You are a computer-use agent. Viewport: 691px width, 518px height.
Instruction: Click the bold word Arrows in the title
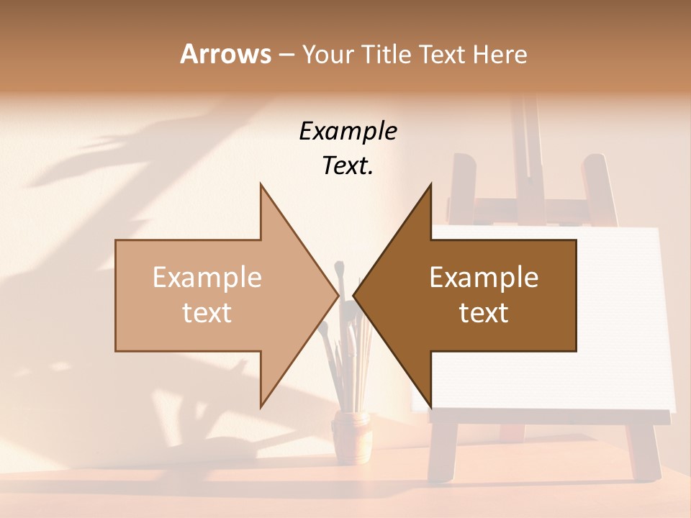pyautogui.click(x=225, y=54)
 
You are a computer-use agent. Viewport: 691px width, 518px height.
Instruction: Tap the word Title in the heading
pyautogui.click(x=389, y=54)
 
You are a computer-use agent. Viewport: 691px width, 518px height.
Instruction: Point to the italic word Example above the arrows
pyautogui.click(x=348, y=131)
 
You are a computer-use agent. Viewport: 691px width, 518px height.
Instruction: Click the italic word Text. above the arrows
pyautogui.click(x=348, y=166)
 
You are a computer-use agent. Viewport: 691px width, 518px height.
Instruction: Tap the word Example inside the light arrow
pyautogui.click(x=207, y=277)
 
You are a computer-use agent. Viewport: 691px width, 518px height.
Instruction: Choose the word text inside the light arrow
pyautogui.click(x=207, y=312)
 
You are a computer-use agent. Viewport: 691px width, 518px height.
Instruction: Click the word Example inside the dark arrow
pyautogui.click(x=484, y=277)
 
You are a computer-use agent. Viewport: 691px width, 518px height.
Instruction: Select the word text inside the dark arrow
pyautogui.click(x=484, y=312)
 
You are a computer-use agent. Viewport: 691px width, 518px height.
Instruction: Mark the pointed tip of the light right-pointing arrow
pyautogui.click(x=338, y=295)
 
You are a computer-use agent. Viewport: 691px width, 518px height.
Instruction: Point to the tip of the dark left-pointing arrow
pyautogui.click(x=353, y=295)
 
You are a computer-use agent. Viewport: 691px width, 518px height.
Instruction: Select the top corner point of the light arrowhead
pyautogui.click(x=261, y=184)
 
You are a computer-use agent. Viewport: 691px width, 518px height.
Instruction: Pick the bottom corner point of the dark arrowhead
pyautogui.click(x=430, y=406)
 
